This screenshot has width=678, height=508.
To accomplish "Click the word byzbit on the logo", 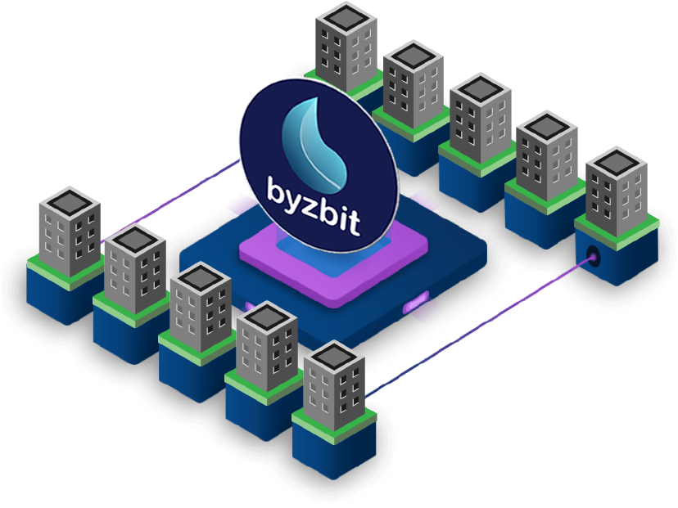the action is [x=314, y=206].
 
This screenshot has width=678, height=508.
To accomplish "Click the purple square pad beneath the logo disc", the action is [x=333, y=263].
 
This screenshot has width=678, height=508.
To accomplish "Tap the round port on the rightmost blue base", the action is [x=592, y=257].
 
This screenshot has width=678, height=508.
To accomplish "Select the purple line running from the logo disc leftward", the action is [x=171, y=201].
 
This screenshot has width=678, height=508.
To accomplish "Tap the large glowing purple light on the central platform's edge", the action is [x=415, y=303].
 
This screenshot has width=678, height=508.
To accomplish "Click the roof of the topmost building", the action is [x=346, y=18].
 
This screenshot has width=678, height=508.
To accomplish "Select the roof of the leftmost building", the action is [x=70, y=203].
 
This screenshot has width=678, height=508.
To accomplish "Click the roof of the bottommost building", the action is [x=334, y=357].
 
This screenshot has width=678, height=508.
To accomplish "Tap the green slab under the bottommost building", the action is [x=334, y=425].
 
